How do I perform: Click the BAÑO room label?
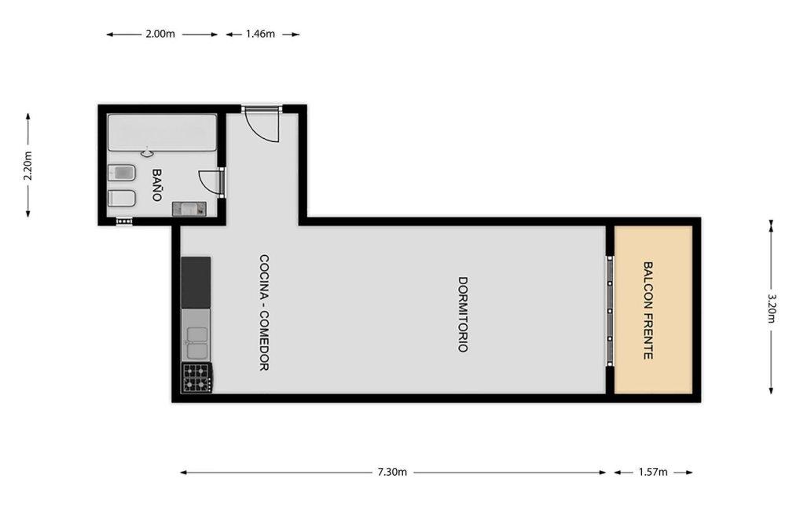click(x=157, y=185)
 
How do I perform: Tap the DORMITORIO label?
click(x=463, y=314)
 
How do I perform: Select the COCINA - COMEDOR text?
click(x=263, y=312)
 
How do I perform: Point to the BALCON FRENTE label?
click(x=648, y=311)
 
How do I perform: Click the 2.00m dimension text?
click(x=160, y=34)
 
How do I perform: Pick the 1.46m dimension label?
click(x=260, y=34)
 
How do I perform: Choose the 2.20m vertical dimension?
click(x=28, y=166)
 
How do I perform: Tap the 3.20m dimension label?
click(x=771, y=308)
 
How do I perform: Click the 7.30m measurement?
click(x=392, y=472)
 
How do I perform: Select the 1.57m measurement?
click(x=653, y=472)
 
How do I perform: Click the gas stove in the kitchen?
click(x=196, y=378)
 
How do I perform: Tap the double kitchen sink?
click(x=196, y=342)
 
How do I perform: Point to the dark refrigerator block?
click(x=196, y=283)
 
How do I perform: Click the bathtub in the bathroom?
click(x=162, y=133)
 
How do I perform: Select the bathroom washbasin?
click(x=189, y=209)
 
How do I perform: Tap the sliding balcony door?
click(x=610, y=311)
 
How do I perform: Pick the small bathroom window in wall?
click(x=124, y=221)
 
